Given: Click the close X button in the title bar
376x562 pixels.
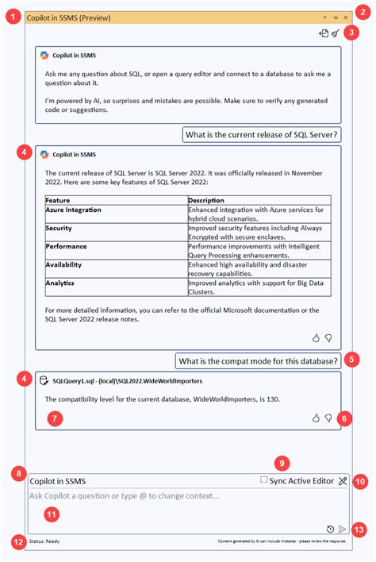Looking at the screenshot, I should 345,17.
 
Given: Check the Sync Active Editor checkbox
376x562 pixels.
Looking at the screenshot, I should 264,480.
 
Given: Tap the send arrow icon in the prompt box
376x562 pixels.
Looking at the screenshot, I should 342,529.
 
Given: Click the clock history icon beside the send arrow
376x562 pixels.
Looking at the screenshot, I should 330,529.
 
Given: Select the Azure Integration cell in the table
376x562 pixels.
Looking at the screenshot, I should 74,210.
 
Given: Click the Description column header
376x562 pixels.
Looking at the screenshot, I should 206,200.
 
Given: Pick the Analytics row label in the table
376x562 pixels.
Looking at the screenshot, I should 61,283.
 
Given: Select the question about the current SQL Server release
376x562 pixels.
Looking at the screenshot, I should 262,134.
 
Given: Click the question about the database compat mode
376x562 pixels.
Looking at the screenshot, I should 258,361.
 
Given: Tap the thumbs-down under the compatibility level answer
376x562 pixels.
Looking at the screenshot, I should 328,418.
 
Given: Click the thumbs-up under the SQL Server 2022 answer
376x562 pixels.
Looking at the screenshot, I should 316,337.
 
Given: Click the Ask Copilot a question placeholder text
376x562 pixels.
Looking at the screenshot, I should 124,495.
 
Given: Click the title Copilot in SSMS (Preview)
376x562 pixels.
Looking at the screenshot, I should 69,17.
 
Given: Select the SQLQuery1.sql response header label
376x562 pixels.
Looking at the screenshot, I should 126,381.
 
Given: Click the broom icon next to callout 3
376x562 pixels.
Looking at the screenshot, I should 336,33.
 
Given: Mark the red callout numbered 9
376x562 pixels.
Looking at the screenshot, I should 280,462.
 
